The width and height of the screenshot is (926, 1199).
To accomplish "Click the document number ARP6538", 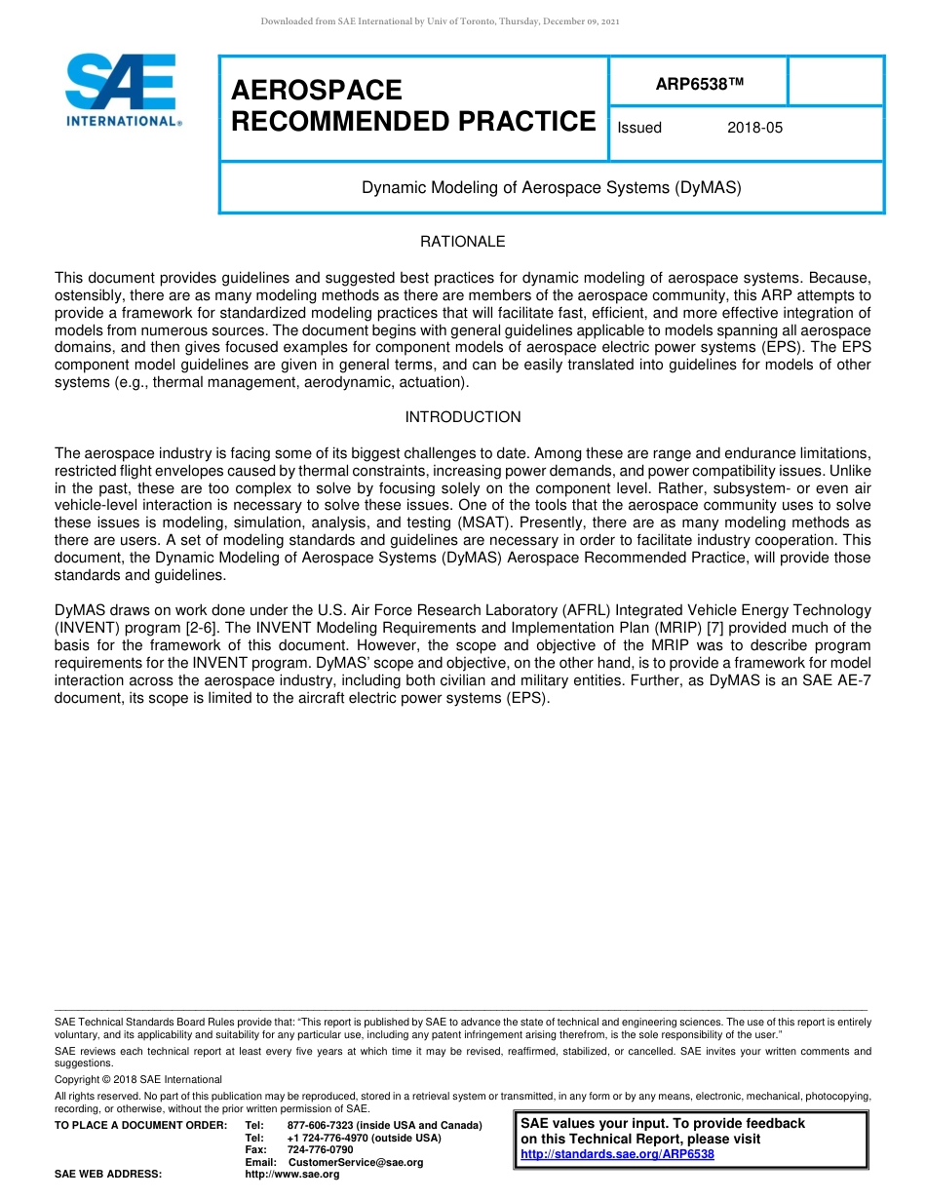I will tap(699, 84).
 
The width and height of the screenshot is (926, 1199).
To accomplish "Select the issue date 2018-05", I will tap(754, 128).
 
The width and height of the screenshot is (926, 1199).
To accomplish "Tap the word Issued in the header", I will tap(639, 128).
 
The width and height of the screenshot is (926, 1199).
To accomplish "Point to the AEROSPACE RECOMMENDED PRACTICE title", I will tap(413, 106).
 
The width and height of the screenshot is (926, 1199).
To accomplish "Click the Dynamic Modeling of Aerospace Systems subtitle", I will tap(552, 187).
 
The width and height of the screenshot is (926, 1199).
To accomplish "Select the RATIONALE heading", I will tap(463, 242).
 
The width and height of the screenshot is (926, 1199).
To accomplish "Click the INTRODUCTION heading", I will tap(463, 417).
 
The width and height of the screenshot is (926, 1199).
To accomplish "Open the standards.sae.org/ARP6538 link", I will tap(617, 1154).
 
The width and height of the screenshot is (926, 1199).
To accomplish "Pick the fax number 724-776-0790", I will tap(321, 1150).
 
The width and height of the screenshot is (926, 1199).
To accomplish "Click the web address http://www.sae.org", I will tap(292, 1175).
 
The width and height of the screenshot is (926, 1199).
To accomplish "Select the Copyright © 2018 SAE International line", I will tap(138, 1079).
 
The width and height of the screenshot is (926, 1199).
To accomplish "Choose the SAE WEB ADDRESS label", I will tap(108, 1175).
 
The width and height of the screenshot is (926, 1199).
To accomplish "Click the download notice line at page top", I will tap(440, 21).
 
